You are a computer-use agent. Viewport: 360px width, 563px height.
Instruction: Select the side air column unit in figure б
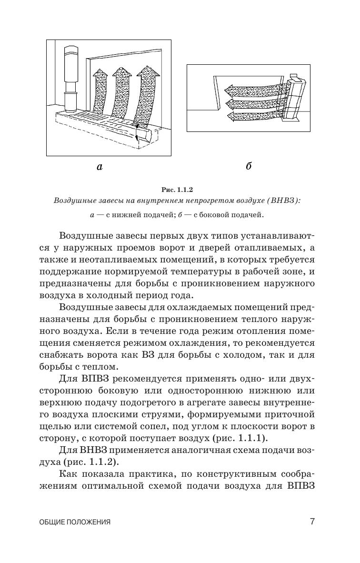pos(291,100)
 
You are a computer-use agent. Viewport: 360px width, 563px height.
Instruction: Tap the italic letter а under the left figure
pos(100,167)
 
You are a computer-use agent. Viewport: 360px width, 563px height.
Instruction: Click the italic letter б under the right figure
pos(249,166)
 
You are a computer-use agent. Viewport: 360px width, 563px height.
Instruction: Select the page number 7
pos(312,521)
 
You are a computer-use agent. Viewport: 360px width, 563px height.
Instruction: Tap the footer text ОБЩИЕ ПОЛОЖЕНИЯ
pos(75,522)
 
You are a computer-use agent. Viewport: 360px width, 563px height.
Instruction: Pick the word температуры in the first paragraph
pos(195,272)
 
